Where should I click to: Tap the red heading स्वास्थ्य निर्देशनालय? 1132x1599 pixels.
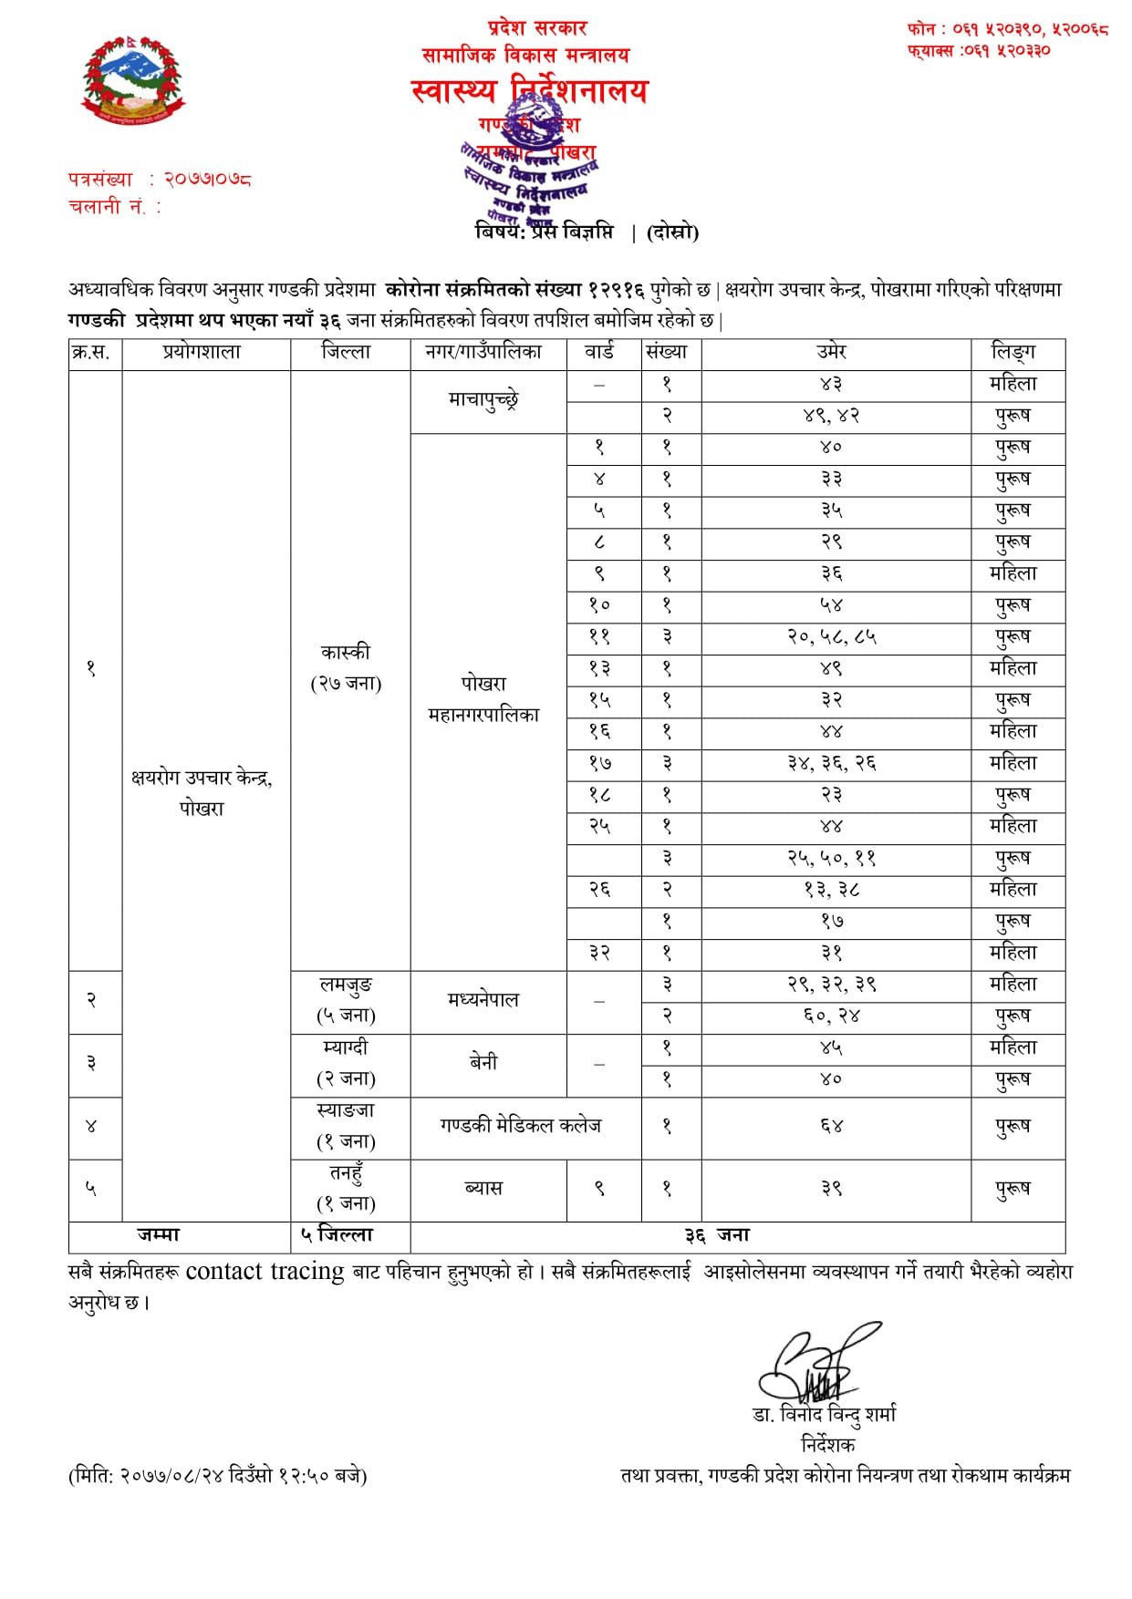click(529, 90)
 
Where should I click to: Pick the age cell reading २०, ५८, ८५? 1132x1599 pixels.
click(831, 636)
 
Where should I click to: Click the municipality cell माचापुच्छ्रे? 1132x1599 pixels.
click(484, 400)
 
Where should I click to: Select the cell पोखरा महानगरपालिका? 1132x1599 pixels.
click(484, 699)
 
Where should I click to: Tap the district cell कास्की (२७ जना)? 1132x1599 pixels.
click(347, 667)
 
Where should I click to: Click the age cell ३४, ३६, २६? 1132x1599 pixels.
click(831, 763)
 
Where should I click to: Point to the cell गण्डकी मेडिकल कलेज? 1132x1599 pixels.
click(521, 1127)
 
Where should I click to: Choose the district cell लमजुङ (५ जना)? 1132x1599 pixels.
click(347, 1000)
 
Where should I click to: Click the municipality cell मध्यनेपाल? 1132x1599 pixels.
click(484, 1000)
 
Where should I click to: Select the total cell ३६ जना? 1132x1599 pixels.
click(718, 1235)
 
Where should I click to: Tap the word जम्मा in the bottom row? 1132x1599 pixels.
click(160, 1235)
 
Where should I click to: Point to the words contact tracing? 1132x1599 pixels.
click(265, 1272)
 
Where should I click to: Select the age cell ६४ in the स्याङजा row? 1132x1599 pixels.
click(831, 1127)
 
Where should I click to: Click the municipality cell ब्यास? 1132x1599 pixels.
click(484, 1189)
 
